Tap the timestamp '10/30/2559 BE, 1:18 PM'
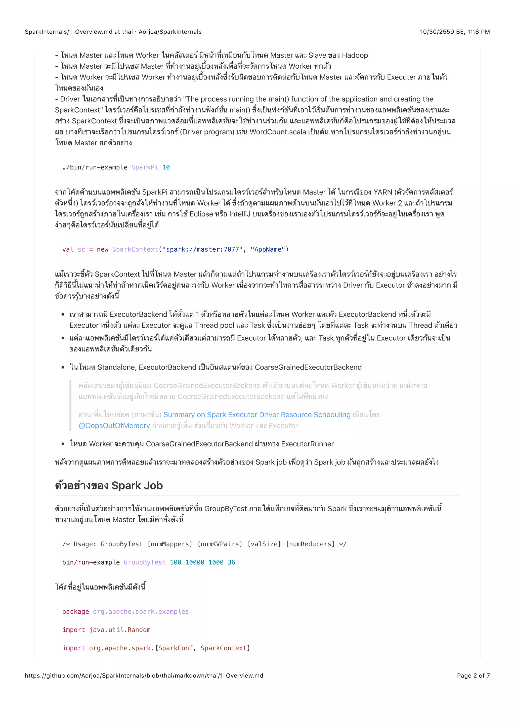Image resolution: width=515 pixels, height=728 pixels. pos(455,32)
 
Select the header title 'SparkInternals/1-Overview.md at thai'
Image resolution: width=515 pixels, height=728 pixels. pos(79,32)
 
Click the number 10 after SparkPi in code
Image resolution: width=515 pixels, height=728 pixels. pos(166,167)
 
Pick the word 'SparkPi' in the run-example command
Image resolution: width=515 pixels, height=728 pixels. pos(145,167)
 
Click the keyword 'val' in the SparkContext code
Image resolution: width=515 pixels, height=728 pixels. pos(68,250)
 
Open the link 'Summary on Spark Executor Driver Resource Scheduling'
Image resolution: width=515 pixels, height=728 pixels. pos(257,415)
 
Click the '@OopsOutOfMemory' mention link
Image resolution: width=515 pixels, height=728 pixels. pos(114,426)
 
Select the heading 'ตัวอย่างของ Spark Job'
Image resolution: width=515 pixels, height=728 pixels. pos(109,486)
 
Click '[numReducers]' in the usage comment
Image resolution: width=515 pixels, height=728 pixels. pos(310,544)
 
